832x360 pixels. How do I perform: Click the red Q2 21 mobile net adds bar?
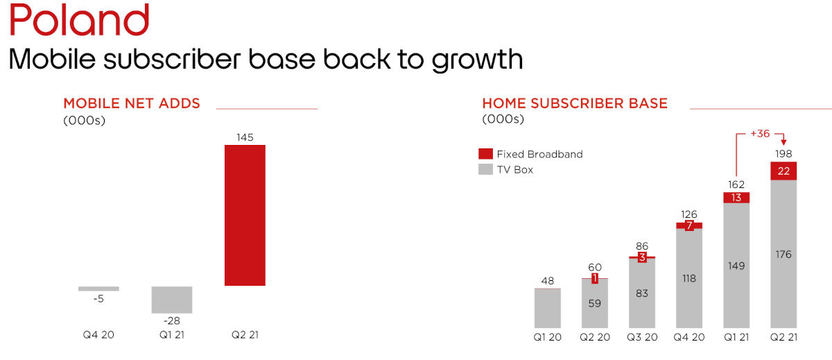coord(245,215)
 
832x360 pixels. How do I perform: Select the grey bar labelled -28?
coord(172,300)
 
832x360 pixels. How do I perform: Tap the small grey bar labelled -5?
coord(98,289)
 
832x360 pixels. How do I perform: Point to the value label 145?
coord(245,137)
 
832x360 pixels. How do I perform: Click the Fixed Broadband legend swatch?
coord(485,154)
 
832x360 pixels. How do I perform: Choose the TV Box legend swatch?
coord(485,169)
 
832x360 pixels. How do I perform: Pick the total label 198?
coord(784,153)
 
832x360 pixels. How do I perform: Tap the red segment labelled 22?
coord(784,171)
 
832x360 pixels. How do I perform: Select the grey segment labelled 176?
coord(784,254)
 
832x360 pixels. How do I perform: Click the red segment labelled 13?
coord(736,198)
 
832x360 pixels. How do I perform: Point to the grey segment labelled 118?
coord(689,278)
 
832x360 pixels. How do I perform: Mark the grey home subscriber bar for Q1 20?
coord(548,308)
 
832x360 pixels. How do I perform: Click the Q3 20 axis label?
coord(642,338)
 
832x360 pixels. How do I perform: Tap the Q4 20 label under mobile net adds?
coord(98,334)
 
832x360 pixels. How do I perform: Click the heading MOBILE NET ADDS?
coord(132,104)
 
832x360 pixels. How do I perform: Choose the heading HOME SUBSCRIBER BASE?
coord(575,104)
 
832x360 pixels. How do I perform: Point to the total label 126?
coord(689,214)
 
